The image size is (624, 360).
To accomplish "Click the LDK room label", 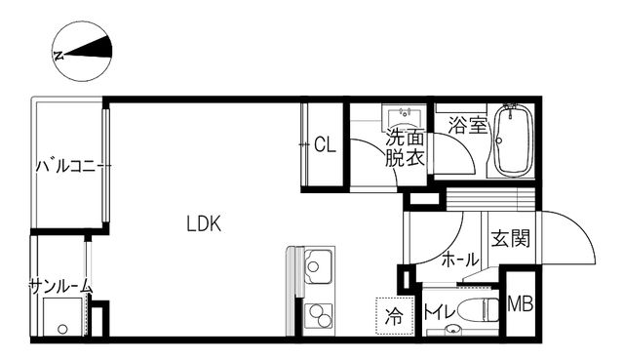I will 205,223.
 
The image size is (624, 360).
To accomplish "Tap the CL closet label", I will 326,145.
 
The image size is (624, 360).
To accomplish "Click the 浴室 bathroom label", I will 467,126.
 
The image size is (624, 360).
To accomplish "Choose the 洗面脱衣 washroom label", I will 404,147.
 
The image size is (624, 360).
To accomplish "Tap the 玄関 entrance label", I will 509,238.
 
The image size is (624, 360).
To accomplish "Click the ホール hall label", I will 460,260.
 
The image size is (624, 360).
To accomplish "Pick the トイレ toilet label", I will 436,314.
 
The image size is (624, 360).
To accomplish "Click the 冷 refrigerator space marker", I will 394,315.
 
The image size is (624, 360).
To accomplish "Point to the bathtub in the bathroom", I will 512,141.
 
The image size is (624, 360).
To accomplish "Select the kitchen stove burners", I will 318,316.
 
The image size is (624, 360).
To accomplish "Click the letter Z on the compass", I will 59,57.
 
